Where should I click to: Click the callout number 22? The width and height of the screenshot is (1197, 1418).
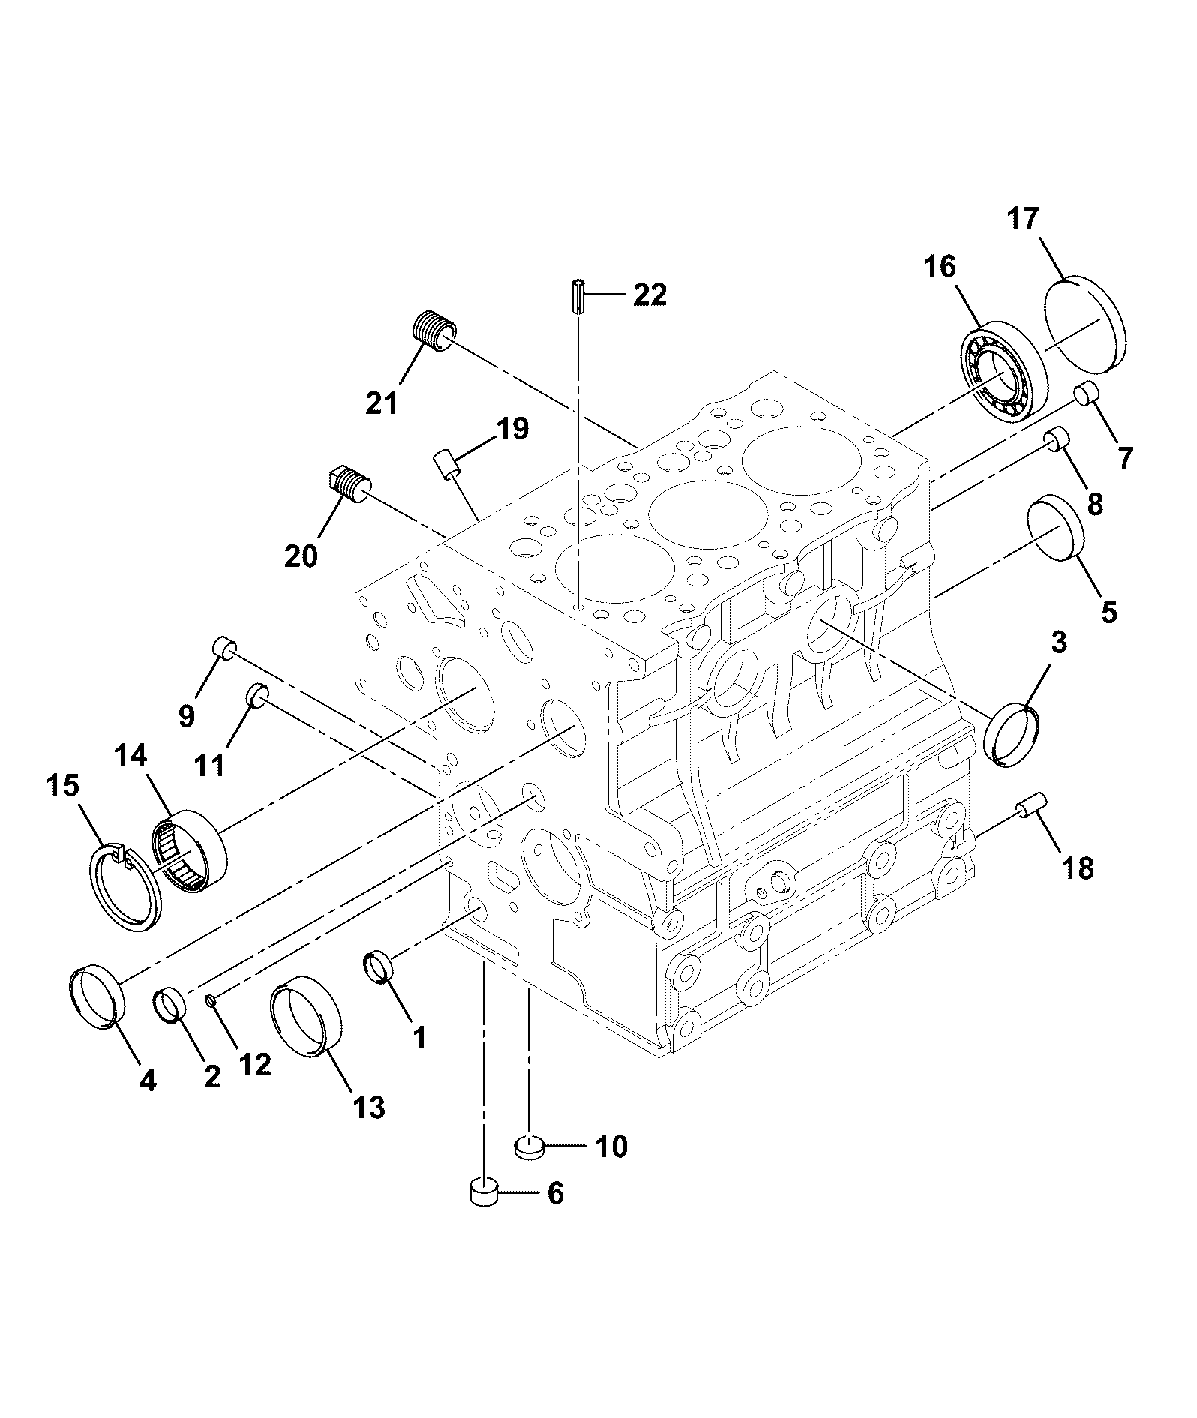click(649, 295)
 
